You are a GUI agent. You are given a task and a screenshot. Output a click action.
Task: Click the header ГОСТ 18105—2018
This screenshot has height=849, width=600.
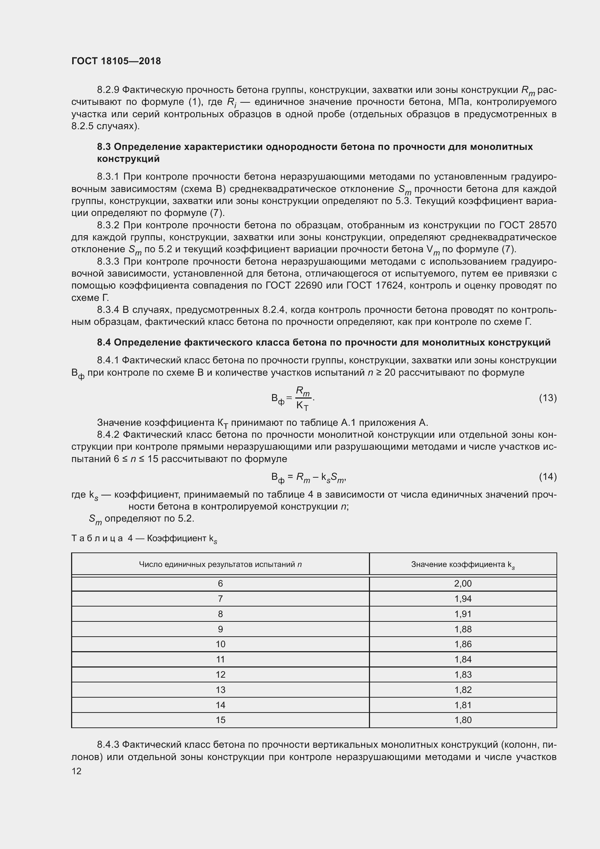(116, 61)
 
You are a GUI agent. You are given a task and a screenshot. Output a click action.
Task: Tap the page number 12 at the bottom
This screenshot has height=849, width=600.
(76, 771)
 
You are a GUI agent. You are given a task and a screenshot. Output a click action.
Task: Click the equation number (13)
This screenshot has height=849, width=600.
(547, 398)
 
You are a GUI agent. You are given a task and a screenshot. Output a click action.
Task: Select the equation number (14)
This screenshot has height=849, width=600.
(547, 477)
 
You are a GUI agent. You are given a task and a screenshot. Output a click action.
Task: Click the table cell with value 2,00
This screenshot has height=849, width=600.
(463, 584)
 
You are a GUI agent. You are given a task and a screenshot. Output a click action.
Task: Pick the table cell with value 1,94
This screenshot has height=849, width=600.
(463, 599)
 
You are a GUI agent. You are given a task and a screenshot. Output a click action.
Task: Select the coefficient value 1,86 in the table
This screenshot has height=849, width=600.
(463, 644)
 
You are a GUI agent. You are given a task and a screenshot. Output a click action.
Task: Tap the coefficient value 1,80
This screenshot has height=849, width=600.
(463, 720)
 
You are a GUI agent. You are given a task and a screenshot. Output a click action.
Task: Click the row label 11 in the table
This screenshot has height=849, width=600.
(220, 659)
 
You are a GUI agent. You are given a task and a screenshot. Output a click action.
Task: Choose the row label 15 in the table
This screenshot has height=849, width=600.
(220, 720)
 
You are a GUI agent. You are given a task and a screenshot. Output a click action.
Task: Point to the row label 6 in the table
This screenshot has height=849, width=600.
(220, 584)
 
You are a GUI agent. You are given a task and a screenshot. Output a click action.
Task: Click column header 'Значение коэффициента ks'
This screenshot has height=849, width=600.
(463, 565)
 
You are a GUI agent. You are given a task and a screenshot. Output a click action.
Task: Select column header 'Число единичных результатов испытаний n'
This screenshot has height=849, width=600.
(220, 564)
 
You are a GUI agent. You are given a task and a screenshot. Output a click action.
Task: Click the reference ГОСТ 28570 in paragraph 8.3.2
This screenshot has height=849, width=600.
(527, 225)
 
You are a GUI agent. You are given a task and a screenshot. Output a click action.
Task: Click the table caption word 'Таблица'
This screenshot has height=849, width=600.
(97, 538)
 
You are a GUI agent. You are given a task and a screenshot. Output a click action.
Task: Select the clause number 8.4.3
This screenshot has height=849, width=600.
(108, 744)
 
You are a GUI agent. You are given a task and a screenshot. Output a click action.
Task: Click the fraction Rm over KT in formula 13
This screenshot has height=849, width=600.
(303, 398)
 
